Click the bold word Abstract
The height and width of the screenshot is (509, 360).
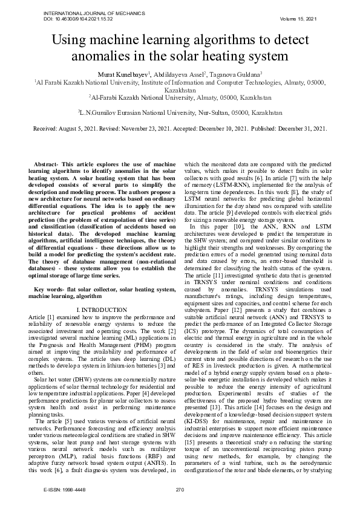48,164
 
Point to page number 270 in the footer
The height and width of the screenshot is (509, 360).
179,490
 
